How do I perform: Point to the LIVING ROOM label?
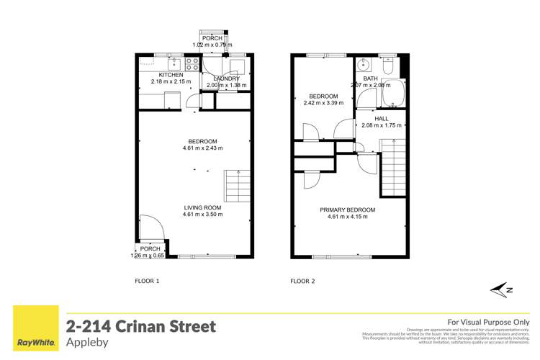pyautogui.click(x=202, y=207)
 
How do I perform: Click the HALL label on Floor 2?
pyautogui.click(x=381, y=118)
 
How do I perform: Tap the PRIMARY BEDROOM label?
pyautogui.click(x=348, y=210)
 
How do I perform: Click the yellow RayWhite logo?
pyautogui.click(x=32, y=332)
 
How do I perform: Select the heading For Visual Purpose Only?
pyautogui.click(x=488, y=322)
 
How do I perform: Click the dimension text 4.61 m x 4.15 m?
pyautogui.click(x=348, y=217)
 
